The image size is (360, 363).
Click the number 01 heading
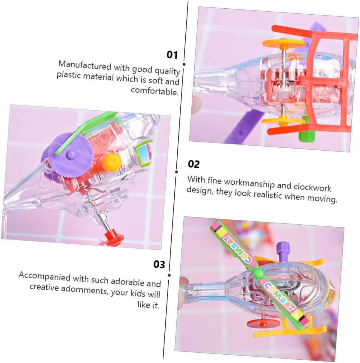pos(172,55)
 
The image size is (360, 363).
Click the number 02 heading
pos(194,164)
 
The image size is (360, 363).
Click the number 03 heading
pos(159,264)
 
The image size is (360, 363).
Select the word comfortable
pos(155,91)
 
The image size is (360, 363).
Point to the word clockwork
pos(312,187)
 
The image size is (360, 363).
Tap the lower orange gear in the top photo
pos(283,121)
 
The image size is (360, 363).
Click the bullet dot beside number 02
pos(177,172)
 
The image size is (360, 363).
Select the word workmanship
pos(249,183)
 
